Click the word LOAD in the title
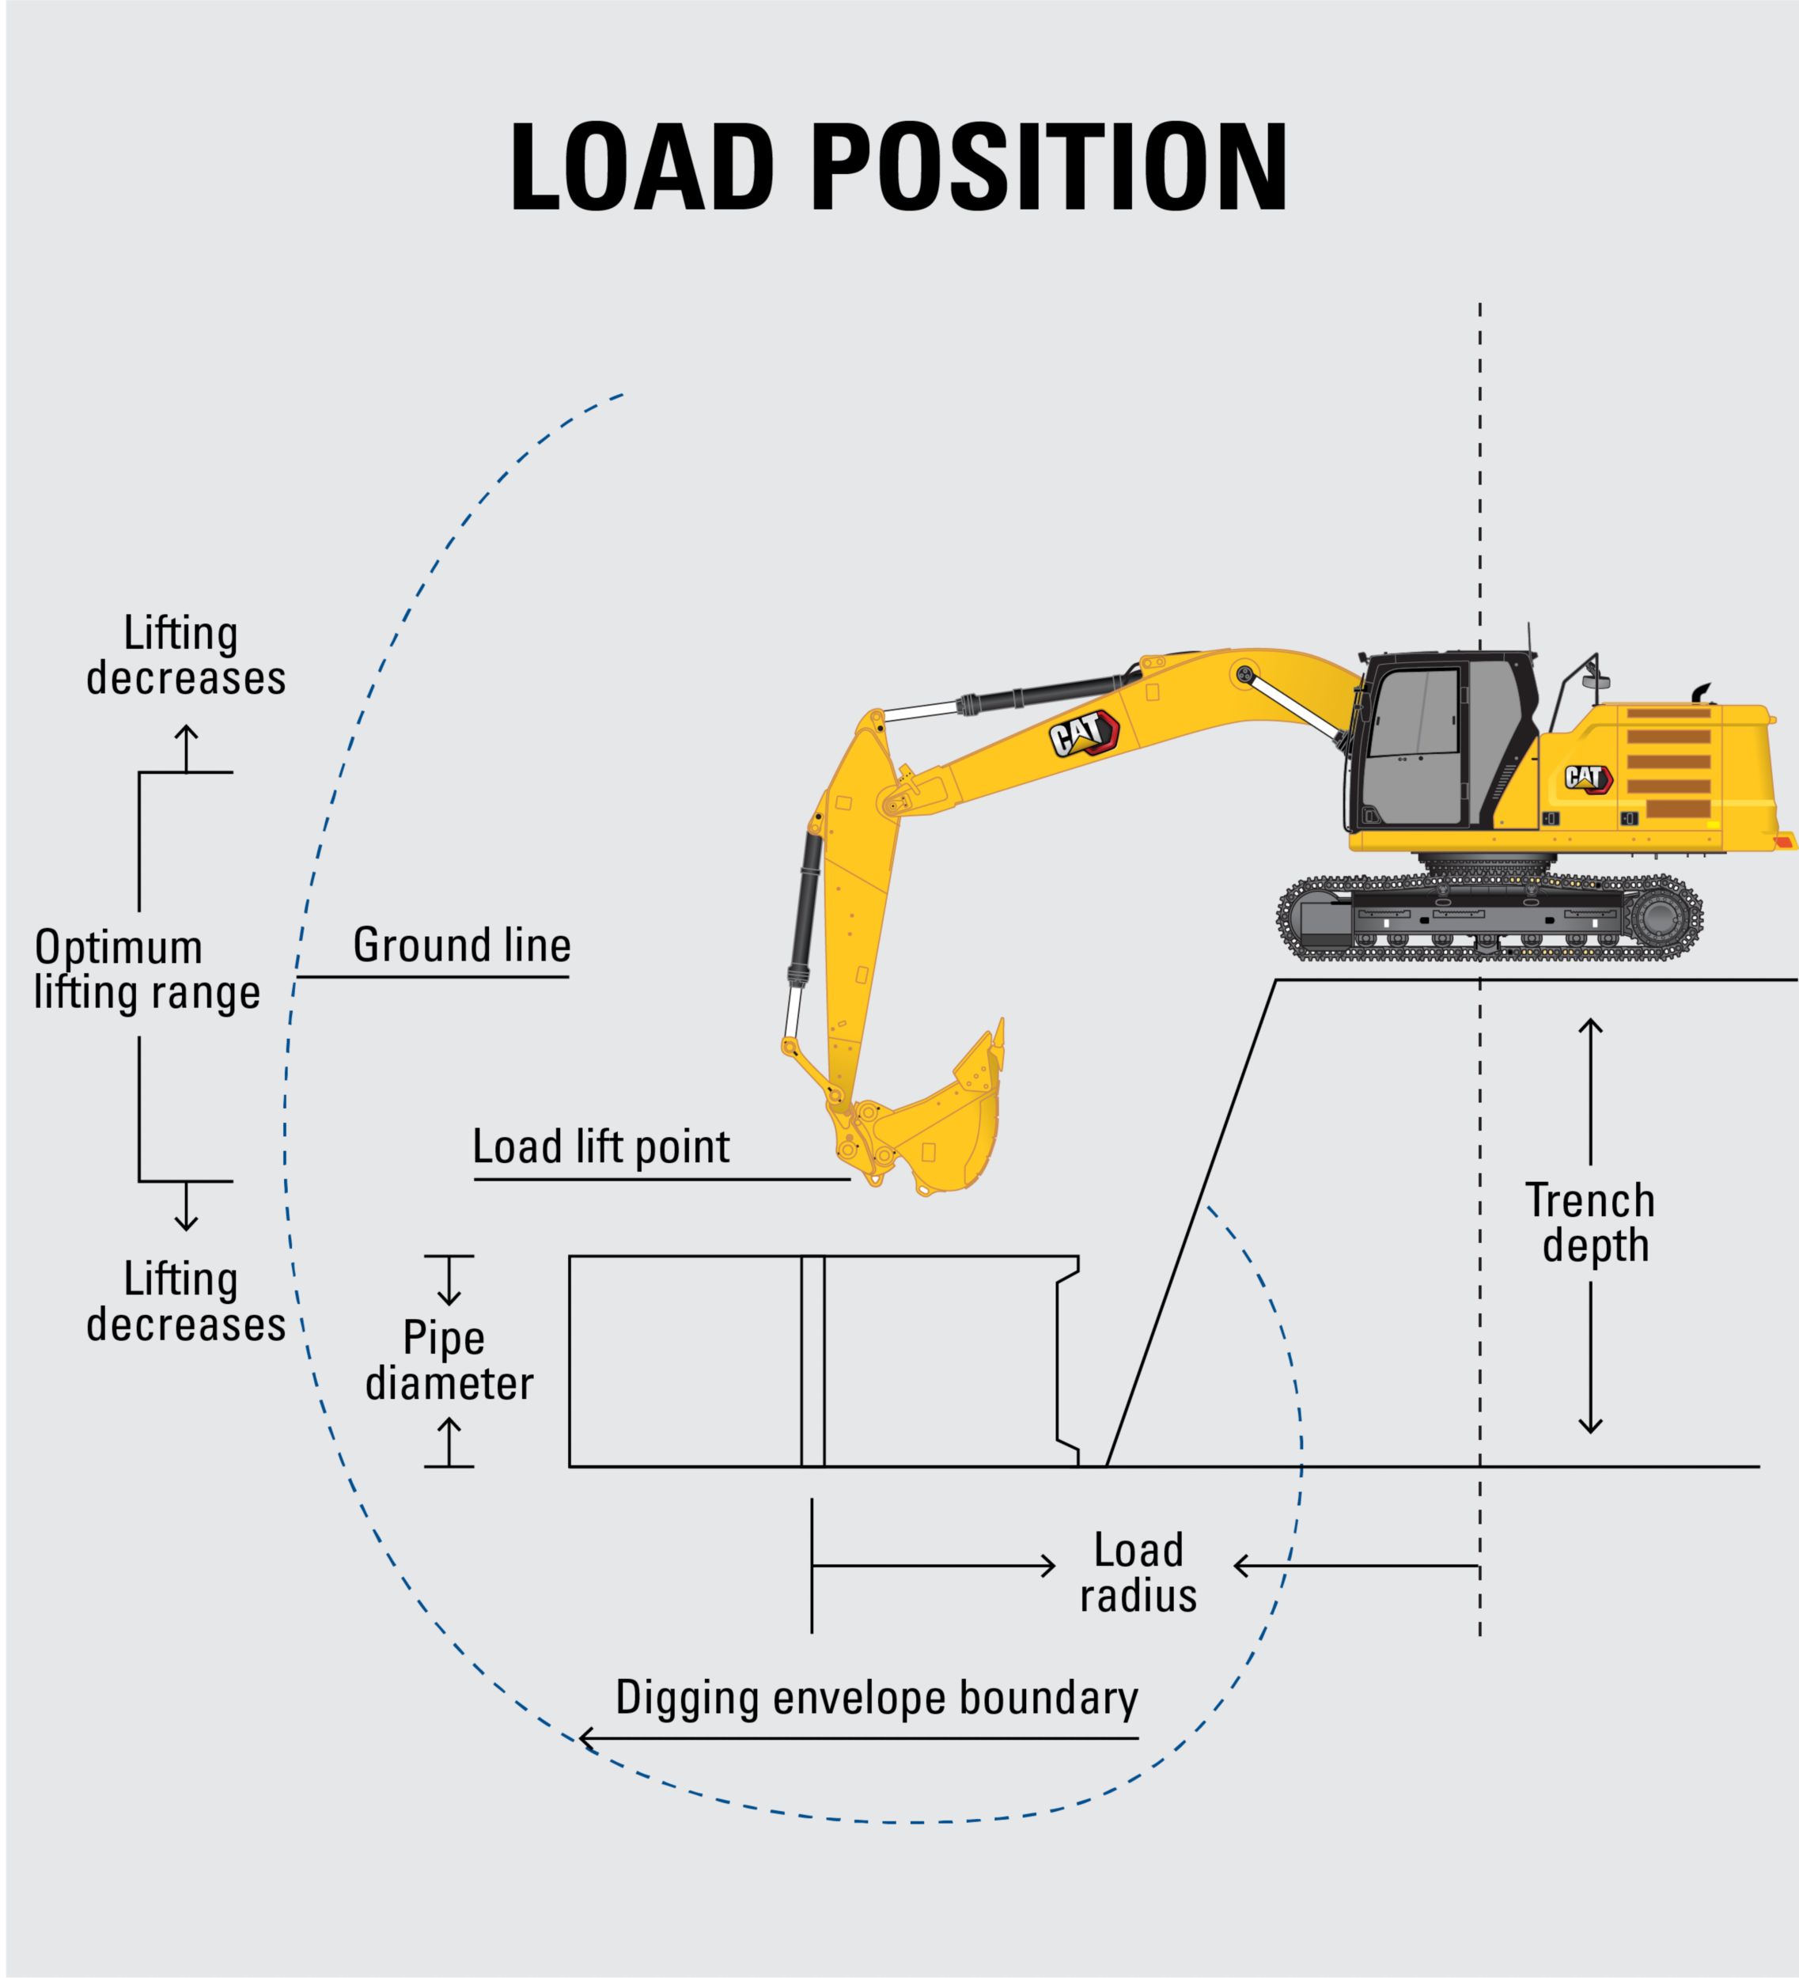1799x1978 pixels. coord(642,167)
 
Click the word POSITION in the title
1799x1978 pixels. coord(1050,167)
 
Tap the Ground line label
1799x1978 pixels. coord(461,945)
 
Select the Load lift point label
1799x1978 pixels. coord(600,1146)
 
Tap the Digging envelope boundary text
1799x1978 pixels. coord(876,1697)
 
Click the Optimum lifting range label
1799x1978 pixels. coord(147,969)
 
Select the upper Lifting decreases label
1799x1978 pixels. coord(185,655)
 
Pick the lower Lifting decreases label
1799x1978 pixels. coord(185,1302)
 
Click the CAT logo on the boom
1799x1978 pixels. coord(1083,733)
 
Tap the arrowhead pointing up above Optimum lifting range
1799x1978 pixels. coord(187,731)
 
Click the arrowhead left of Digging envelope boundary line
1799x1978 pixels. coord(586,1740)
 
